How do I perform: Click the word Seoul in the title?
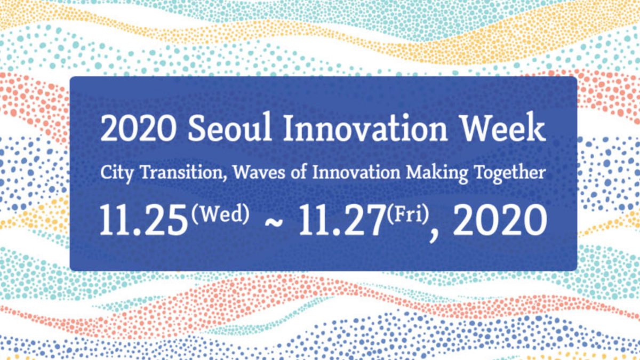pyautogui.click(x=229, y=127)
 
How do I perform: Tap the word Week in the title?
pyautogui.click(x=503, y=127)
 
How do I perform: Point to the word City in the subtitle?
pyautogui.click(x=117, y=173)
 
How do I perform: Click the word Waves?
pyautogui.click(x=259, y=172)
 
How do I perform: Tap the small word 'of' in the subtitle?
pyautogui.click(x=299, y=172)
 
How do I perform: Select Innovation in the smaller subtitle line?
pyautogui.click(x=356, y=172)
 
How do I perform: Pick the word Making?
pyautogui.click(x=437, y=173)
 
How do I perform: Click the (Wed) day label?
pyautogui.click(x=220, y=214)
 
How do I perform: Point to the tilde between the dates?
pyautogui.click(x=274, y=223)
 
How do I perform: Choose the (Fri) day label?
pyautogui.click(x=408, y=214)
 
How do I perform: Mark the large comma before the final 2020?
pyautogui.click(x=434, y=235)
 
